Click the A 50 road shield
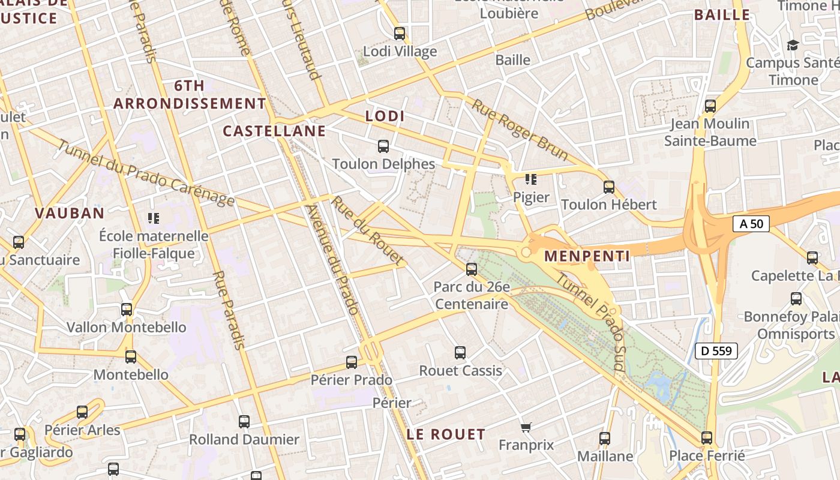[751, 224]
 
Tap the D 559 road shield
[716, 351]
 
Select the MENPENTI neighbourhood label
[587, 256]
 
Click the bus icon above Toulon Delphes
[383, 146]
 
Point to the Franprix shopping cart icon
[526, 428]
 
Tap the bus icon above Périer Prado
[352, 362]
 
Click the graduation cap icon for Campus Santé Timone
[793, 45]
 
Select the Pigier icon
[530, 179]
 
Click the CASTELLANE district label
[274, 131]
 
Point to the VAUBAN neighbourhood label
[70, 213]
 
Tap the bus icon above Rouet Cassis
[460, 353]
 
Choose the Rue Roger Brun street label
[520, 130]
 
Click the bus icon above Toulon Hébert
[609, 187]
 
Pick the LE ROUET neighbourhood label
[446, 434]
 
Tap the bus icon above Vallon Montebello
[127, 310]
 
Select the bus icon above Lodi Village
[400, 34]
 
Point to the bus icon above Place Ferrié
[707, 438]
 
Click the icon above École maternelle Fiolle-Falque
[154, 218]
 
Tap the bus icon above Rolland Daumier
[244, 421]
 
